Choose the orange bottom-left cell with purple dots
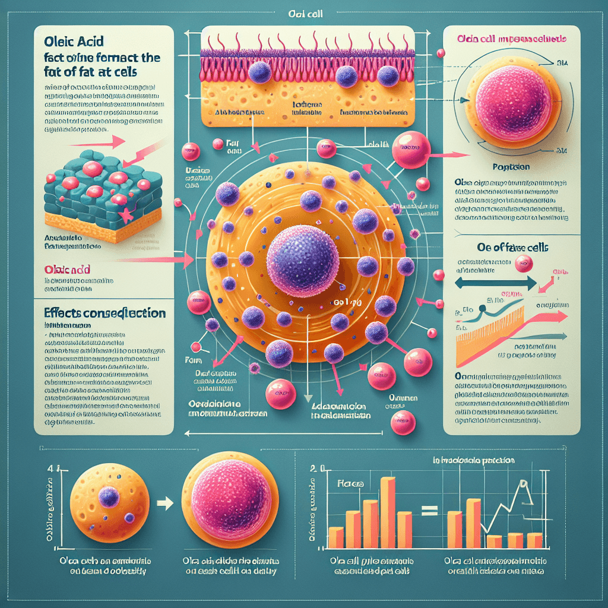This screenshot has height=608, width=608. [110, 503]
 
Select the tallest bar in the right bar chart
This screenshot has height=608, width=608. [473, 523]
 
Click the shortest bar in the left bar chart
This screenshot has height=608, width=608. [336, 537]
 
